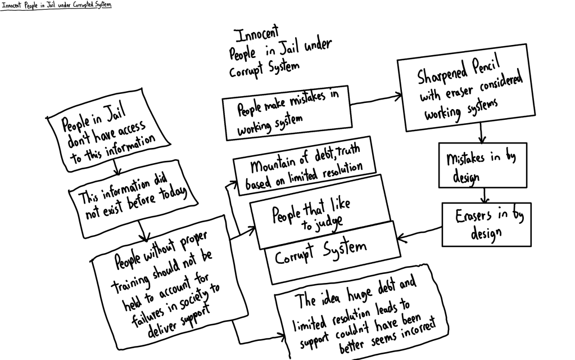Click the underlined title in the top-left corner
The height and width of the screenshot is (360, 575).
[56, 4]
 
